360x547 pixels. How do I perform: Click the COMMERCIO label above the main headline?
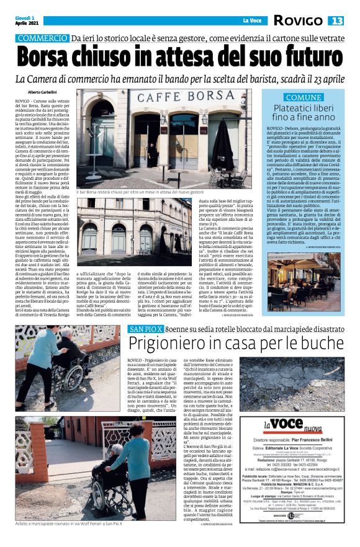coord(43,38)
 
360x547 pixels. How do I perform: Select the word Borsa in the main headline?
coord(52,57)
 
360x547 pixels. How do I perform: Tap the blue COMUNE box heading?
coord(304,98)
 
